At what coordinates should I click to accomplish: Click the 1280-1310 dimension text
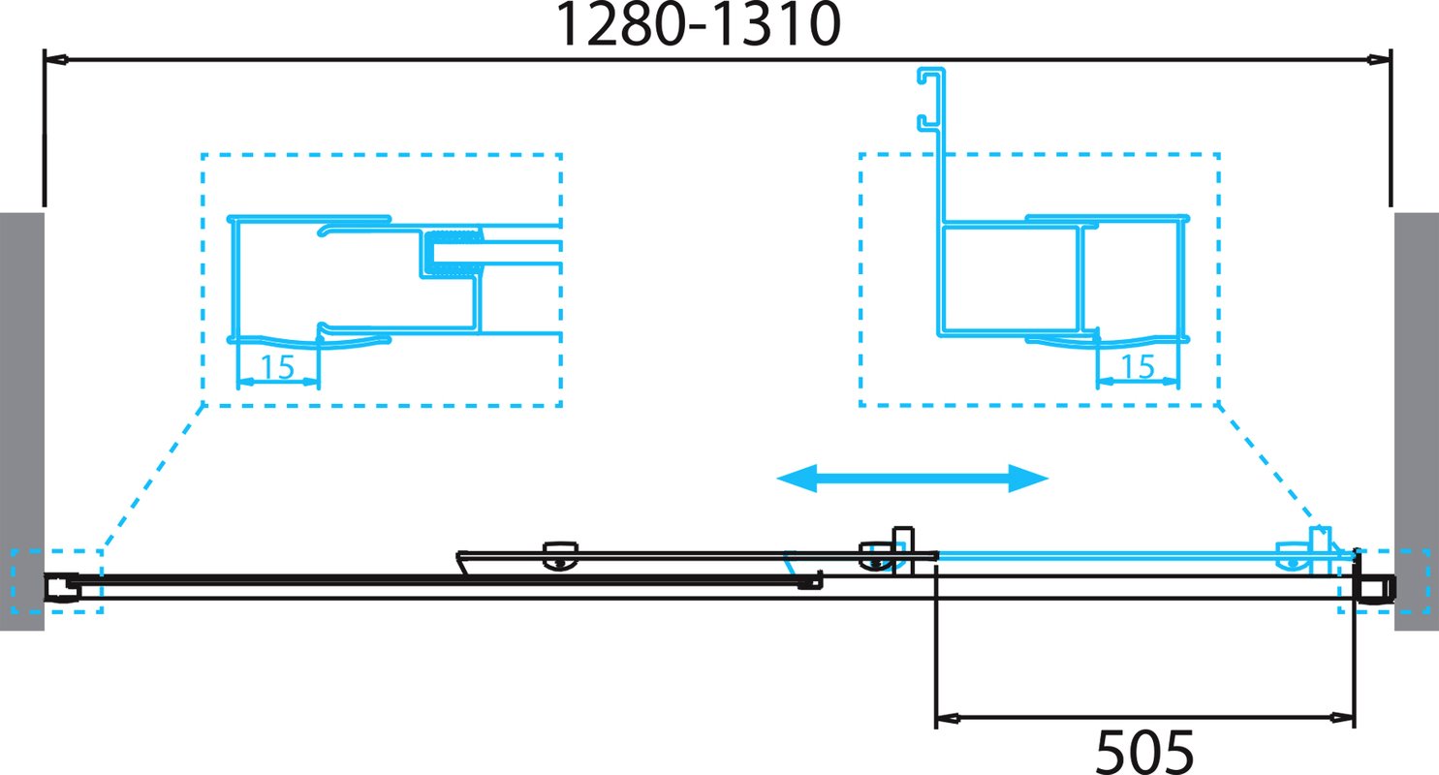(x=697, y=24)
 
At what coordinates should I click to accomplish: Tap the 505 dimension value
(x=1143, y=752)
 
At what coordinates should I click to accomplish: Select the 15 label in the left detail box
(x=277, y=366)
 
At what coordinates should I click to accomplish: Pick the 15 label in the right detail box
(x=1138, y=366)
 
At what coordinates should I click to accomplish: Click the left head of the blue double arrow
(x=797, y=479)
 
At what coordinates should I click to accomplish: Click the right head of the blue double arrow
(x=1028, y=479)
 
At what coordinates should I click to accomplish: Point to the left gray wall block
(x=22, y=421)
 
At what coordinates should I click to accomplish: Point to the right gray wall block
(x=1417, y=421)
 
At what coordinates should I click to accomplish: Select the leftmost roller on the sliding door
(x=560, y=556)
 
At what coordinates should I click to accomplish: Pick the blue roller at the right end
(x=1294, y=557)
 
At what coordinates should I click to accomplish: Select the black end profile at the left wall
(x=62, y=587)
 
